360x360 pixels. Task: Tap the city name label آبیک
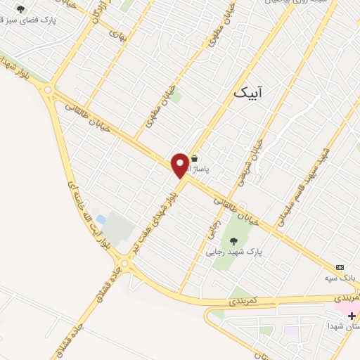point(252,91)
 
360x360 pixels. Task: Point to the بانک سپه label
point(337,278)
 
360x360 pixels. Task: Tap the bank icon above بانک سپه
point(340,268)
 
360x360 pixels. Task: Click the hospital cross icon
point(352,316)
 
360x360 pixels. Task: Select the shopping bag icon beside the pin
point(195,159)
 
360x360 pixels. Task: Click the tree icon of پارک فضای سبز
point(20,10)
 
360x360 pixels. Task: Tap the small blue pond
point(101,220)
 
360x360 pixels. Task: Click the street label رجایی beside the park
point(212,228)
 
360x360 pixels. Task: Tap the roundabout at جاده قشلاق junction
point(124,264)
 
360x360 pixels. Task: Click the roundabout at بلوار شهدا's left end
point(48,89)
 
